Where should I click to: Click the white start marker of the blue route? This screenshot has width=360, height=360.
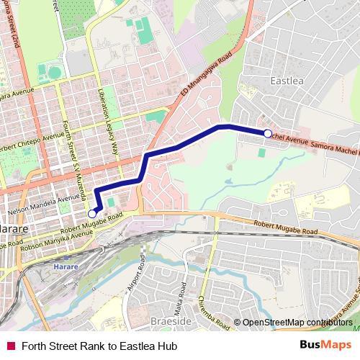tap(92, 214)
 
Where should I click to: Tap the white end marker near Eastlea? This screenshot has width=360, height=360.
tap(268, 133)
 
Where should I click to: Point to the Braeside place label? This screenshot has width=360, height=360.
tap(171, 322)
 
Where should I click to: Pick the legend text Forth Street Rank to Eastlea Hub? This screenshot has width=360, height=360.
tap(99, 346)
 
